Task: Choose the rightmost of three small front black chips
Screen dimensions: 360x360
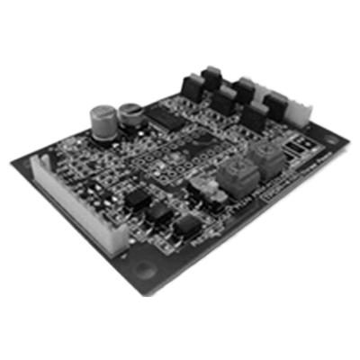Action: [x=186, y=225]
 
